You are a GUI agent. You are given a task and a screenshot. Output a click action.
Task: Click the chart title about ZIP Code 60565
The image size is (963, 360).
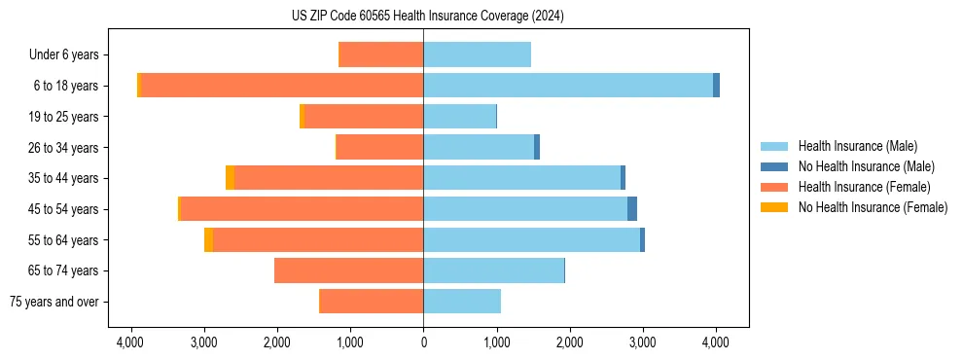coord(427,16)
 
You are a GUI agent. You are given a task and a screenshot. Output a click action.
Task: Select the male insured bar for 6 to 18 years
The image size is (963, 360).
coord(568,86)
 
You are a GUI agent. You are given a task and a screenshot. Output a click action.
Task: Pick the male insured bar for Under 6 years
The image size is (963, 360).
coord(477,54)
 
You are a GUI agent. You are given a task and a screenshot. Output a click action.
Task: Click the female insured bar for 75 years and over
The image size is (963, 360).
coord(372,302)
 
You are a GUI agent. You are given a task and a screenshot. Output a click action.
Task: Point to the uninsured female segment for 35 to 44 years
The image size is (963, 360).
coord(230,178)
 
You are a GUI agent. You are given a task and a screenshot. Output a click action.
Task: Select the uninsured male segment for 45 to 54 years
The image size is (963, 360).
coord(632,209)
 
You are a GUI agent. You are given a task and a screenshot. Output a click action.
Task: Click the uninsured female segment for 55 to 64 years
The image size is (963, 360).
coord(208,240)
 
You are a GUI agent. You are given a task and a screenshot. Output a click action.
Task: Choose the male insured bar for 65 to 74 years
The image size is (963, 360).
coord(493,270)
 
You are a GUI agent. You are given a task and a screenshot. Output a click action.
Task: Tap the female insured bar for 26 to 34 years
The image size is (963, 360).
coord(379,147)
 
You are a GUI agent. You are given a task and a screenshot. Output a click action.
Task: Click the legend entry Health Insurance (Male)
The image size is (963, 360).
coord(857,146)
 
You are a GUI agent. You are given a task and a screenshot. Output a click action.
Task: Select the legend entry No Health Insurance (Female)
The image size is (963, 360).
coord(873,207)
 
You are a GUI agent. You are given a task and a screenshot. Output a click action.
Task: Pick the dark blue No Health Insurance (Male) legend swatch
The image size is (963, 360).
coord(774,166)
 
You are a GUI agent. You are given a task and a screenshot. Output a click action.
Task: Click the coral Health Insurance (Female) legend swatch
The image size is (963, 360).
coord(774,187)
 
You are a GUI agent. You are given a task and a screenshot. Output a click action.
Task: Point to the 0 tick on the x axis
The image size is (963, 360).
coord(423,342)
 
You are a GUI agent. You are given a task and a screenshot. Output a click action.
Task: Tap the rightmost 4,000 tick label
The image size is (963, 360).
coord(716,342)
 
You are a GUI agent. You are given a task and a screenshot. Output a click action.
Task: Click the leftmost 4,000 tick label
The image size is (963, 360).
coord(130,342)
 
